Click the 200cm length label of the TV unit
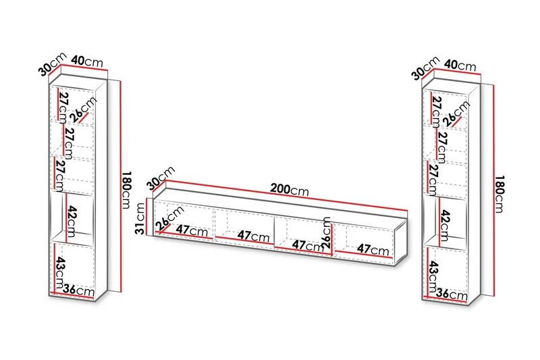click(290, 190)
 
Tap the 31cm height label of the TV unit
click(140, 218)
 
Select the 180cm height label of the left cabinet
click(126, 190)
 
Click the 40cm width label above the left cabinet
click(87, 61)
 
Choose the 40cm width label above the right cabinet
click(460, 65)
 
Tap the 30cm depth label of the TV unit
click(161, 178)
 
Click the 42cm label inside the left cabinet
click(72, 222)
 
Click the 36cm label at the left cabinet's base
click(78, 290)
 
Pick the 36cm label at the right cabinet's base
click(452, 294)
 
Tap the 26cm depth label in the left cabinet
click(84, 110)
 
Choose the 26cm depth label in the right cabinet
click(456, 113)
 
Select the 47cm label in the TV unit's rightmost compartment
click(373, 249)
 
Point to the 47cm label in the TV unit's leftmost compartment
click(192, 230)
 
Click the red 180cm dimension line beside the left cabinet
click(120, 186)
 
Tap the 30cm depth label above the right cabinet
click(426, 68)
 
